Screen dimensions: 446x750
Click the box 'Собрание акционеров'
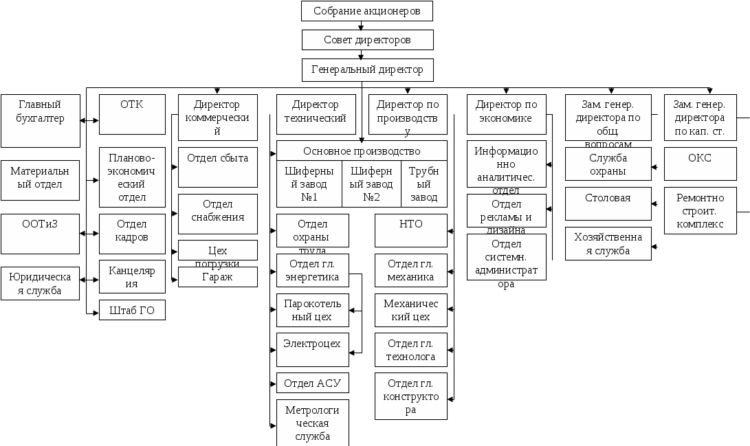pos(367,11)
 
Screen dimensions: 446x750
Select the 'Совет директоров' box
pos(367,40)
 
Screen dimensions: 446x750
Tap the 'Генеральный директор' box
pos(367,70)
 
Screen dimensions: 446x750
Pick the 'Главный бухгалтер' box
pos(41,120)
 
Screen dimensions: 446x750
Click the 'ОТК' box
pos(132,114)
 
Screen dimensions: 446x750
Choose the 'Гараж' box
pos(217,277)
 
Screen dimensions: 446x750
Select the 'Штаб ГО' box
pos(132,310)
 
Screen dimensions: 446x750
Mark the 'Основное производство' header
pos(362,150)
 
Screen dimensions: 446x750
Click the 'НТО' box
pos(410,230)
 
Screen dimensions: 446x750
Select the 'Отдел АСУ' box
pos(312,383)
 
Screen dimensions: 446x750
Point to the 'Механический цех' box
pos(410,310)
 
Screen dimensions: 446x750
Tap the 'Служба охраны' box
pos(608,164)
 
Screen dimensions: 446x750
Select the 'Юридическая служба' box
pos(41,283)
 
